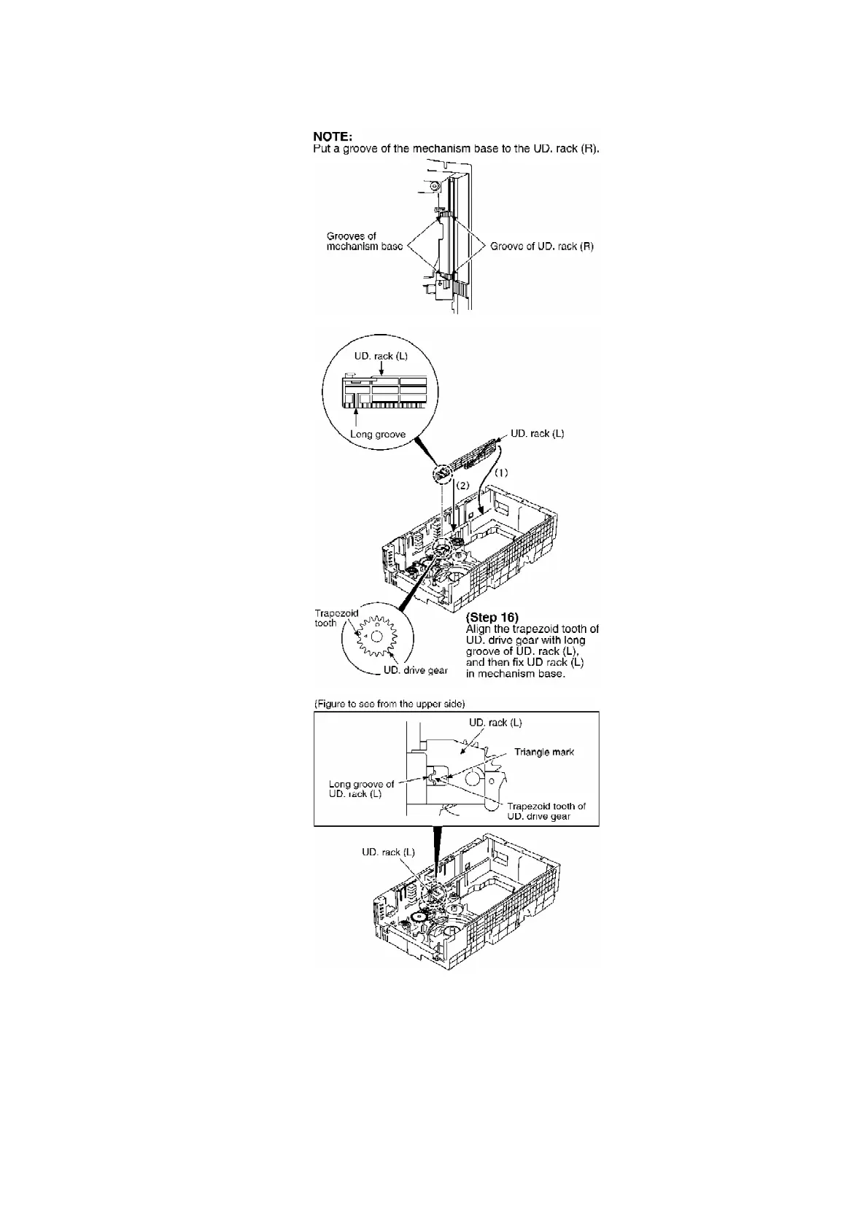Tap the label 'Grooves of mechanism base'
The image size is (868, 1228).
click(x=364, y=241)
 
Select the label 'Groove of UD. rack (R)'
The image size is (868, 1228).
click(x=542, y=246)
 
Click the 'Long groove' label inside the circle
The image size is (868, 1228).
click(x=378, y=434)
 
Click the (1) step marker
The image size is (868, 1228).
click(x=501, y=473)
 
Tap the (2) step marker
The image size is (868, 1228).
click(x=463, y=485)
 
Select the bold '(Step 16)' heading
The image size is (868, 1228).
click(x=492, y=618)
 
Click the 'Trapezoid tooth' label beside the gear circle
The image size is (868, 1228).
click(x=336, y=618)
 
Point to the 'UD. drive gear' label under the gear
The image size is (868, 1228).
click(x=416, y=670)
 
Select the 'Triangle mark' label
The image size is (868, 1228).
click(x=544, y=752)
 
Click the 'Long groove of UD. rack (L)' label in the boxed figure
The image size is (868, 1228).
click(x=361, y=789)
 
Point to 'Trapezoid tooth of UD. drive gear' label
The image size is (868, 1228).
click(x=546, y=811)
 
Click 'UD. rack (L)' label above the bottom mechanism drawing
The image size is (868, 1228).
click(x=388, y=852)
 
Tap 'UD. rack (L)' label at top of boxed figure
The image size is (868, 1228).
click(x=495, y=723)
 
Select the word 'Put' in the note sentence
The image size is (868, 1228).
click(x=321, y=149)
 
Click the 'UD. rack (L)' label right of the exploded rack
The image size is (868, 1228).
click(x=537, y=433)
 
